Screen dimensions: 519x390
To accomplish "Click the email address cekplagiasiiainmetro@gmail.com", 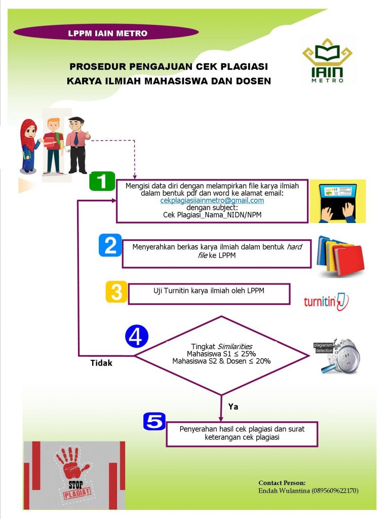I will [212, 200].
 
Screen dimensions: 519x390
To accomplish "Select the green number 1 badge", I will [102, 181].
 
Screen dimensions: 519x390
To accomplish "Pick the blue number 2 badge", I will [110, 245].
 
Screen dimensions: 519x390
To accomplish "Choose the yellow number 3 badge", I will [116, 292].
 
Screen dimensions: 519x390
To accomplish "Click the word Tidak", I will [101, 363].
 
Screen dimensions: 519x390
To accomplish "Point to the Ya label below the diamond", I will [233, 406].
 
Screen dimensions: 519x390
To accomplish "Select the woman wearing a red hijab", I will [29, 144].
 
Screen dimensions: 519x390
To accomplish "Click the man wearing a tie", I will [77, 144].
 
